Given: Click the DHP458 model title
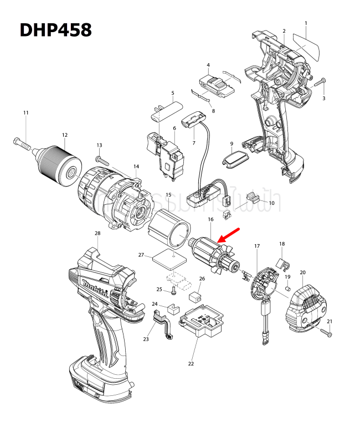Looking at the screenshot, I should click(55, 29).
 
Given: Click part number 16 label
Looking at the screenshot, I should click(210, 220).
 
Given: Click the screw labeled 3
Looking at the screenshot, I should click(321, 83).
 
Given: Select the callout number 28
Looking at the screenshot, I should click(97, 233).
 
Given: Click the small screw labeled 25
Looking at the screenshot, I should click(173, 290).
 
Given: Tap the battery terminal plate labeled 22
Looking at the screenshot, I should click(201, 326).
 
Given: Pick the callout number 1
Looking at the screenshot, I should click(306, 23).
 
